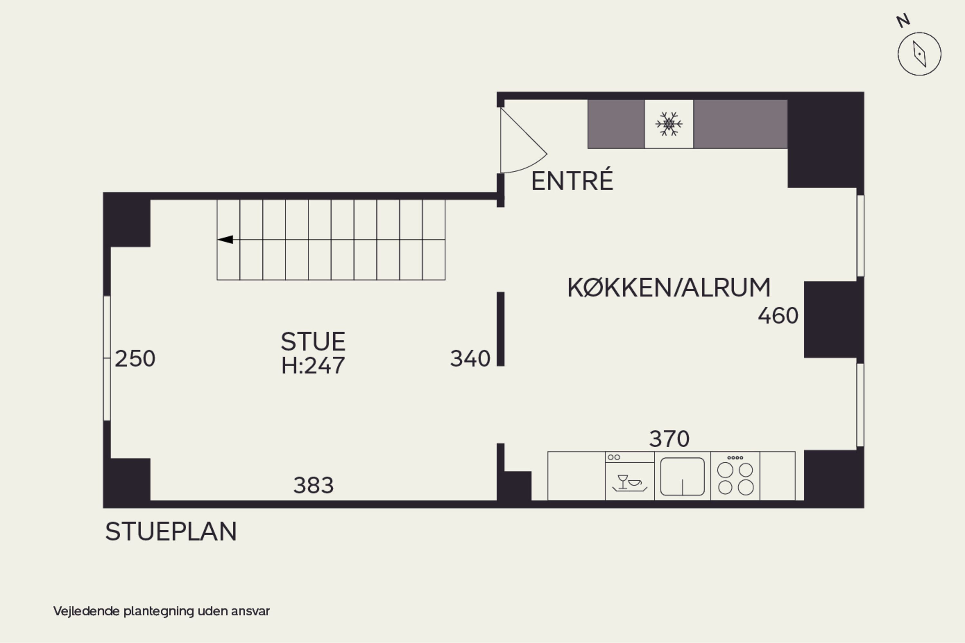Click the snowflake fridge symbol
click(669, 123)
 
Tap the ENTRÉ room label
click(572, 181)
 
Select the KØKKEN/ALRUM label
click(669, 287)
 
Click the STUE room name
click(313, 341)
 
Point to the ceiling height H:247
click(313, 365)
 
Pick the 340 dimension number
click(470, 358)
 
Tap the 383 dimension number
click(313, 485)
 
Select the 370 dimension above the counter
click(669, 439)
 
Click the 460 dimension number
click(778, 316)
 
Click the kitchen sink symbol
click(682, 476)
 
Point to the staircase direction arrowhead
click(225, 240)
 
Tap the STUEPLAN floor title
click(171, 531)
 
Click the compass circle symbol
click(919, 54)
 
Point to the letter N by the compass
click(903, 21)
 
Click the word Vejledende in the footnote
click(86, 611)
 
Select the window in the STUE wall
click(107, 358)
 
